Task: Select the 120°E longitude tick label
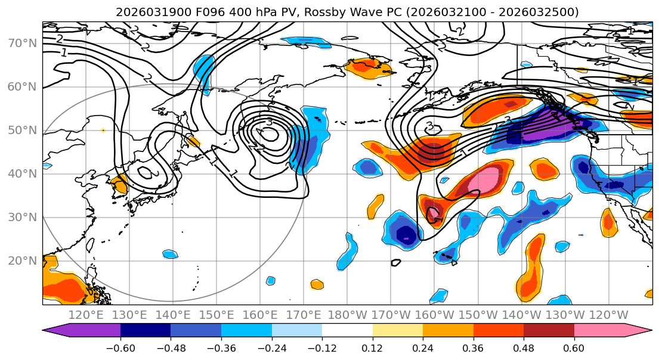coord(86,315)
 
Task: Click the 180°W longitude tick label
coord(348,315)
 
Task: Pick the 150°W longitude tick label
coord(479,315)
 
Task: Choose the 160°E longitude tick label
coord(261,315)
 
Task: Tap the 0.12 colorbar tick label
coord(373,347)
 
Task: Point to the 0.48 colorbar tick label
coord(524,347)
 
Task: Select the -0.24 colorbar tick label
coord(271,347)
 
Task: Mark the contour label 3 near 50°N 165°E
coord(270,122)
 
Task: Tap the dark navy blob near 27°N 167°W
coord(407,233)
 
